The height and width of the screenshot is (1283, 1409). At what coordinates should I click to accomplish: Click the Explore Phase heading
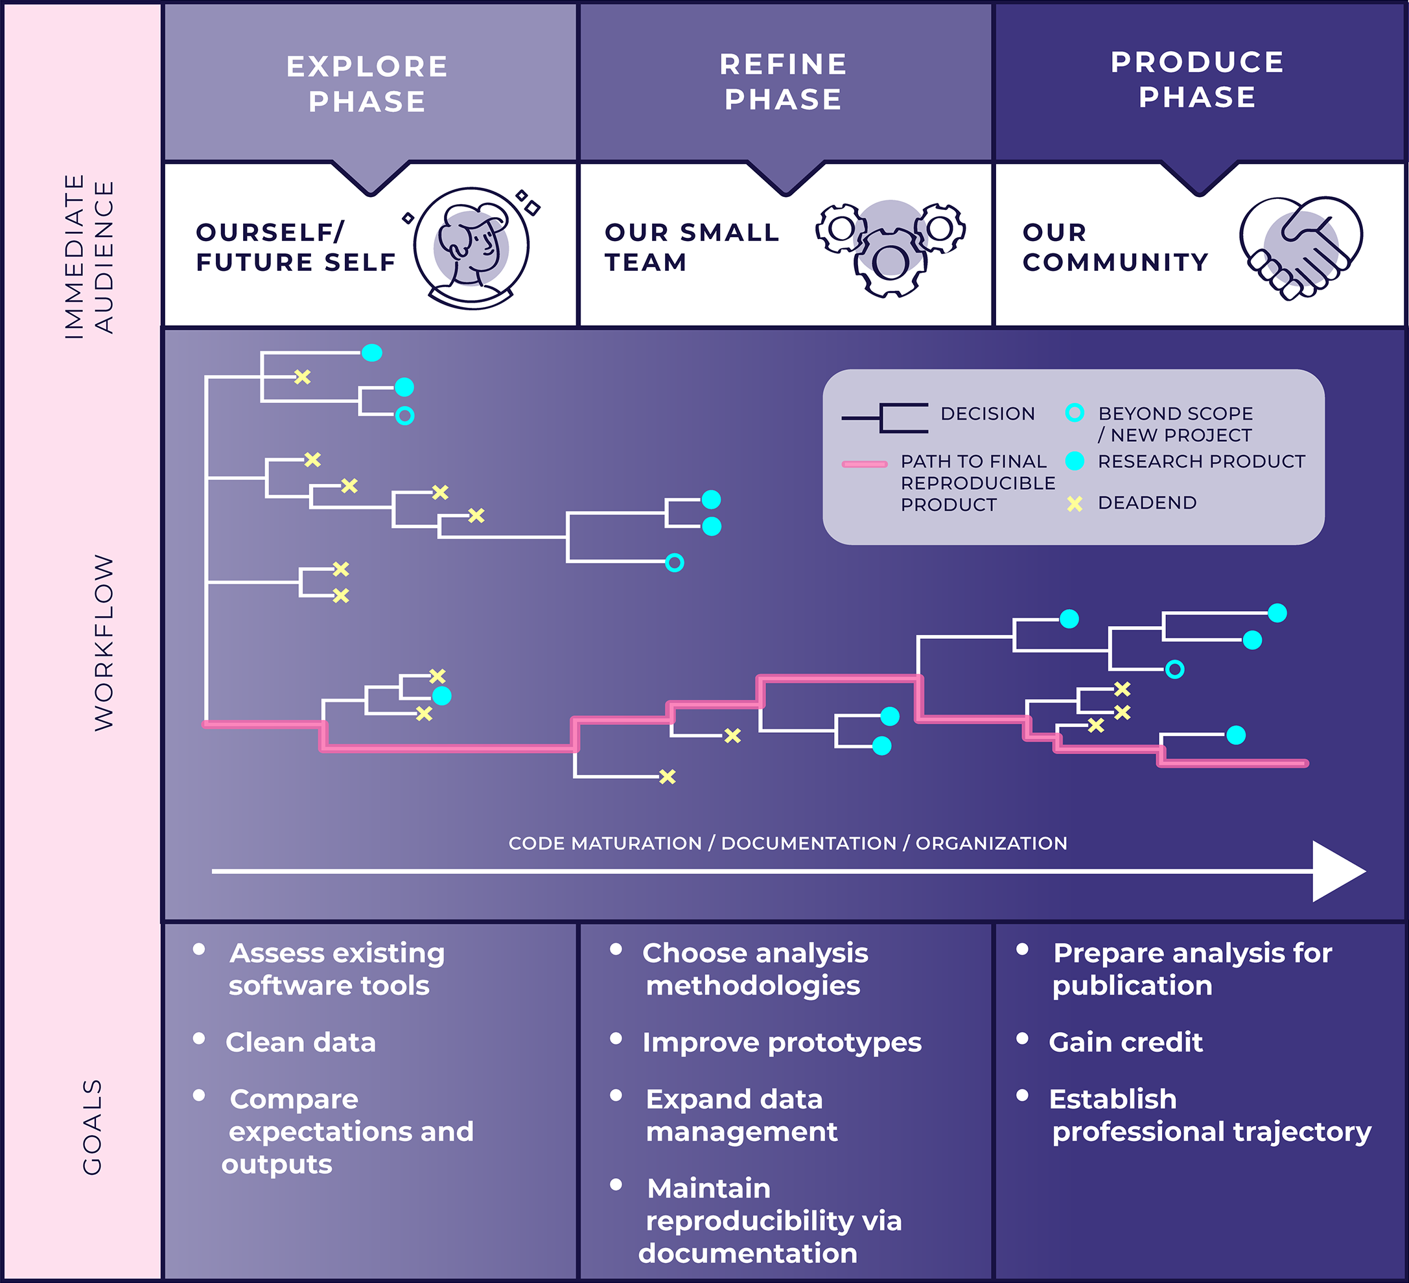pos(367,84)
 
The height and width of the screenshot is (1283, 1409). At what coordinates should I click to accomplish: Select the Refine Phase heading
pos(783,82)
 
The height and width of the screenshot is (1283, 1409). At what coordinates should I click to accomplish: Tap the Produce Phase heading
pos(1197,80)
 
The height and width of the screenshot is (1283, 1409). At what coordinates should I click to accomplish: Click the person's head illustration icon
pos(472,246)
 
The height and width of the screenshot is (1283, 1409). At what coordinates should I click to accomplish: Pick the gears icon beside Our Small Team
pos(890,248)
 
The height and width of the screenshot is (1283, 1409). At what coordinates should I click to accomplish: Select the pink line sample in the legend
pos(865,463)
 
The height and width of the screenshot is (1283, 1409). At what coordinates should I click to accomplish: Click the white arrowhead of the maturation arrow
pos(1337,872)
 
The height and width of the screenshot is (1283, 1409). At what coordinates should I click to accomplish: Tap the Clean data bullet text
pos(301,1042)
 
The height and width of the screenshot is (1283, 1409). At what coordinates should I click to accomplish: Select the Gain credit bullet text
pos(1125,1042)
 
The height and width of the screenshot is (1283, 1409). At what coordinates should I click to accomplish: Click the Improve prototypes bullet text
pos(782,1042)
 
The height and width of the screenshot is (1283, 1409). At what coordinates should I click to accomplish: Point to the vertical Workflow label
pos(104,643)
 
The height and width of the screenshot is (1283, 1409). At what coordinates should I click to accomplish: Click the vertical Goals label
pos(92,1126)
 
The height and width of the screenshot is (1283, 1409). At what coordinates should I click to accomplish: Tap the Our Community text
pos(1115,247)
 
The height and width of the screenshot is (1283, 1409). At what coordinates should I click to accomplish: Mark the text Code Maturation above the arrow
pos(605,844)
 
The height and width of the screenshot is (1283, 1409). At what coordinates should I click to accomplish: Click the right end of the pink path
pos(1303,764)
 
